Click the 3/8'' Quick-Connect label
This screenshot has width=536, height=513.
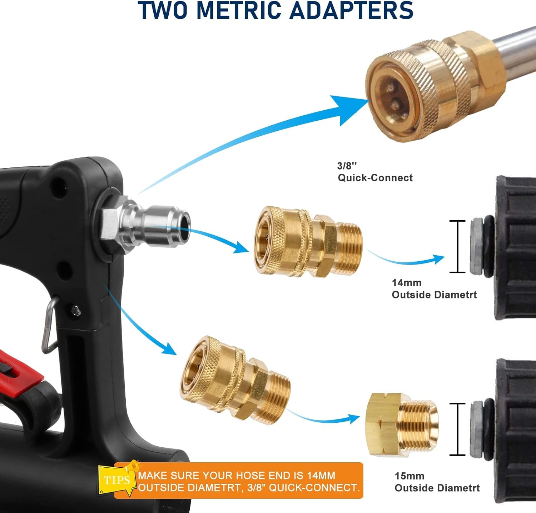pyautogui.click(x=375, y=172)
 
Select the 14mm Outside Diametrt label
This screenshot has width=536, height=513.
pyautogui.click(x=434, y=288)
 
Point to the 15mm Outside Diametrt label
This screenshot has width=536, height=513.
pyautogui.click(x=437, y=482)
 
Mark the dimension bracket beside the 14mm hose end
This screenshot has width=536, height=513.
pyautogui.click(x=457, y=247)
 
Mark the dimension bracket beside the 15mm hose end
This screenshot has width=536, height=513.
pyautogui.click(x=457, y=429)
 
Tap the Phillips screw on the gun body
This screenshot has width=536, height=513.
pyautogui.click(x=76, y=311)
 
